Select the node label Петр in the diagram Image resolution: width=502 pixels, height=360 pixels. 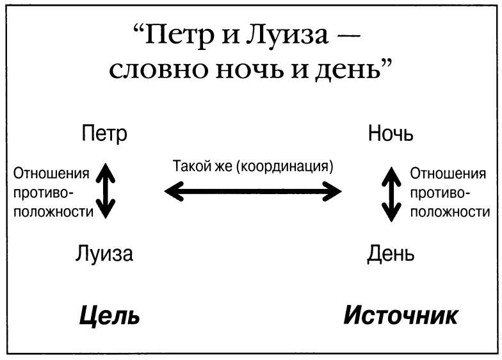tap(105, 135)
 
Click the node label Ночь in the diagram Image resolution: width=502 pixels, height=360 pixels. tap(391, 135)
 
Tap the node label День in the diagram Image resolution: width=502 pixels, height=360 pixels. tap(391, 254)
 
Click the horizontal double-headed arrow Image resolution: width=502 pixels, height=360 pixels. tap(254, 190)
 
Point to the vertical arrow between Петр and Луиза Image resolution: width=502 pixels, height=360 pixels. tap(106, 192)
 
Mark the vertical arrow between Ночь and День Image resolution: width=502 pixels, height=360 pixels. tap(391, 195)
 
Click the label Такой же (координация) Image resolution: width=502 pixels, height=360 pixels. tap(254, 168)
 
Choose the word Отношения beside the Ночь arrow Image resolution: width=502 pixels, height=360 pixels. tap(448, 174)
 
